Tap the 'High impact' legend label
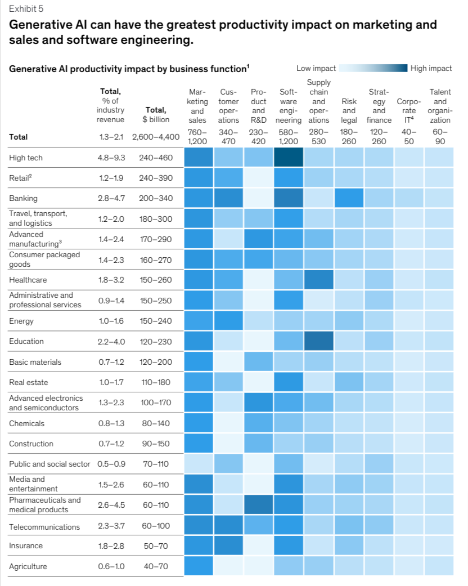[431, 68]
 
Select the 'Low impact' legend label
[316, 68]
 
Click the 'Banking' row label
[23, 198]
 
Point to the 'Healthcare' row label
[28, 280]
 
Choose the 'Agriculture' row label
[28, 566]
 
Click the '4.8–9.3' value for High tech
[111, 158]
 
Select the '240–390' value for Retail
[155, 178]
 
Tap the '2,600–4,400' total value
[155, 137]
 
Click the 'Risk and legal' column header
[349, 111]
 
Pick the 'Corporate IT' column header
[409, 111]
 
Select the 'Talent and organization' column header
[439, 106]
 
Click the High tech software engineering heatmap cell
[288, 158]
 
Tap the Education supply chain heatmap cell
[318, 341]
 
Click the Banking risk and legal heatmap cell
[349, 198]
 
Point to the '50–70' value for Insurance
[155, 545]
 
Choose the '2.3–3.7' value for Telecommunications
[111, 527]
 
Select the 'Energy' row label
[21, 321]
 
